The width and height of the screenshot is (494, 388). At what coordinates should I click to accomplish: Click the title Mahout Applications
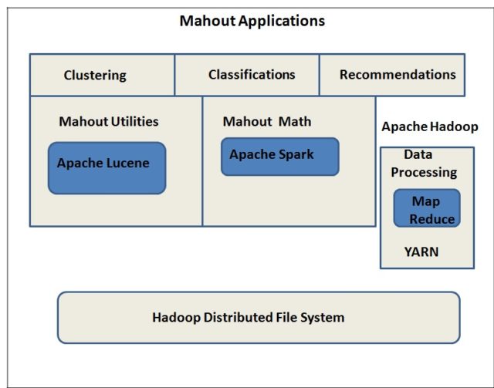point(252,21)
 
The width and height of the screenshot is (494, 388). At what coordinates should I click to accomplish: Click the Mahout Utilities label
point(109,121)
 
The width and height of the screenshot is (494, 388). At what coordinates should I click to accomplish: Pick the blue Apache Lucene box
point(107,167)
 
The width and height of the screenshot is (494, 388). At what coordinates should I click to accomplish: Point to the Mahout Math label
point(267,122)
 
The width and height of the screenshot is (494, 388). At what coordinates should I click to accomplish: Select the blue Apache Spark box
point(279,157)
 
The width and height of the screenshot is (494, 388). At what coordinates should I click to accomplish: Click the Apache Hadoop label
point(429,127)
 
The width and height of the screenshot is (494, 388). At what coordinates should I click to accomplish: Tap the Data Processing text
point(423,164)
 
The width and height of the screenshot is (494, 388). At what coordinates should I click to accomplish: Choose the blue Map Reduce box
point(427,208)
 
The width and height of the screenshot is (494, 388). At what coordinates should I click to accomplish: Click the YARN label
point(421,251)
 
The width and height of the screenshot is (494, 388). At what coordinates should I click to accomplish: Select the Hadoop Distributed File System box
point(259,317)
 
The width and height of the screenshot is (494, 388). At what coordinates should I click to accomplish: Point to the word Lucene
point(128,164)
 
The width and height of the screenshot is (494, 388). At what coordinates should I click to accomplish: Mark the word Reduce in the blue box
point(431,219)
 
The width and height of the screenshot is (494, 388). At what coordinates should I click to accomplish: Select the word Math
point(296,122)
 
